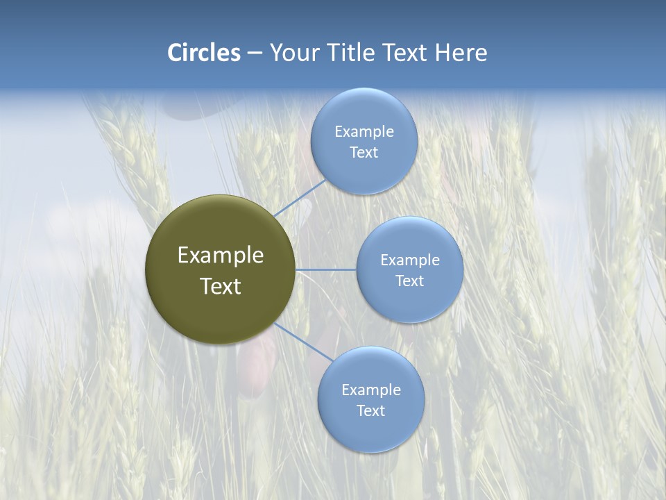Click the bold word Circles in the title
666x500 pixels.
pos(203,53)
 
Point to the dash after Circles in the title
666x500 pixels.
pos(255,53)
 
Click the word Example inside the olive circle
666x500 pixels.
pos(221,256)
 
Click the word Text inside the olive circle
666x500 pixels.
pos(221,286)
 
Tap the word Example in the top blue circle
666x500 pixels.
pos(364,132)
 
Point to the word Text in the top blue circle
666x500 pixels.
pos(364,153)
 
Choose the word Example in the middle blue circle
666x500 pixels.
pos(409,260)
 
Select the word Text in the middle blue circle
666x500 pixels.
pos(409,281)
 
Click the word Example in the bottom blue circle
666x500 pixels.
pos(370,390)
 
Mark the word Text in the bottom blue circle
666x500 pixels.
pos(370,411)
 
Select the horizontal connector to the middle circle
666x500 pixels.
pos(325,269)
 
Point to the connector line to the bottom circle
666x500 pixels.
pos(304,342)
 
